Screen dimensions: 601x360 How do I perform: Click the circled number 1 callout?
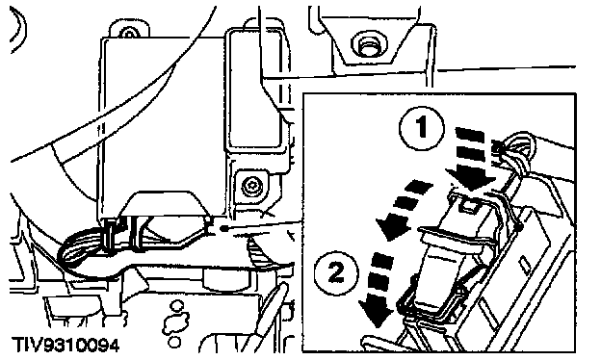pyautogui.click(x=422, y=128)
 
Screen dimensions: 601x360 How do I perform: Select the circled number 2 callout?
pyautogui.click(x=336, y=273)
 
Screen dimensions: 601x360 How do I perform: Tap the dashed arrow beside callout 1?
pyautogui.click(x=471, y=160)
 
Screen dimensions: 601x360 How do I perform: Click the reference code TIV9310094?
pyautogui.click(x=66, y=345)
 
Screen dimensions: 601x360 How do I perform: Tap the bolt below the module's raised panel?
pyautogui.click(x=251, y=188)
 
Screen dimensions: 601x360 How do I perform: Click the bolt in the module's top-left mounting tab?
pyautogui.click(x=129, y=34)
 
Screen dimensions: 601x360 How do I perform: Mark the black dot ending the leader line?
pyautogui.click(x=223, y=229)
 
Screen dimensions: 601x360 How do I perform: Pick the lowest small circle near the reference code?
pyautogui.click(x=174, y=342)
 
